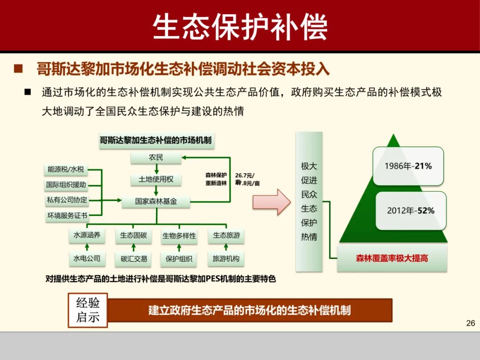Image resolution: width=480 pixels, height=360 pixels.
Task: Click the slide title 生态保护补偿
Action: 240,27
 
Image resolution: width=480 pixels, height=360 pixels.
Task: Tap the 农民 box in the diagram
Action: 156,158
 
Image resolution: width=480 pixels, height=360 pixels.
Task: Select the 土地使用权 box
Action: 156,180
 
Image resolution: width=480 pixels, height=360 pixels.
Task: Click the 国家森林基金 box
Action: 156,201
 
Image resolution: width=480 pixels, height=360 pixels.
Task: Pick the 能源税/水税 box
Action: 66,169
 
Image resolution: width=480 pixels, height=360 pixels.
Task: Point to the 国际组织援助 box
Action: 66,185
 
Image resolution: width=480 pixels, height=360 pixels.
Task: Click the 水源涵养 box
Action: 87,236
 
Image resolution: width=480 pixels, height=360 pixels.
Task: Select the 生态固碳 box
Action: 133,236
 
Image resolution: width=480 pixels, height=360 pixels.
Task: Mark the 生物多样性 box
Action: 179,236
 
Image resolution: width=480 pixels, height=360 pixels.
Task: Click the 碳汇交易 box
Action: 133,259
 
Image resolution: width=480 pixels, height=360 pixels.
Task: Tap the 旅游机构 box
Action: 226,259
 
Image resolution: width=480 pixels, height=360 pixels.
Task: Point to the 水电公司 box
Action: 87,258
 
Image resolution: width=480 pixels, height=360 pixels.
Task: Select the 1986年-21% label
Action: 408,166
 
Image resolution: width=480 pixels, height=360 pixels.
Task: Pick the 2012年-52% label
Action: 411,211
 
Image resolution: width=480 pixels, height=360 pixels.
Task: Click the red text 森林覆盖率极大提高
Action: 392,258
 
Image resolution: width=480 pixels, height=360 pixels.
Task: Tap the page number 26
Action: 470,323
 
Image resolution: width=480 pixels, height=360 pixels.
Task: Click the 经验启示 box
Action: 88,310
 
